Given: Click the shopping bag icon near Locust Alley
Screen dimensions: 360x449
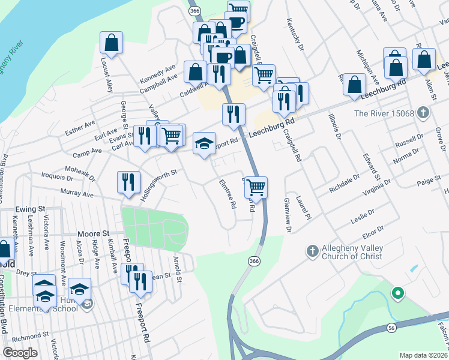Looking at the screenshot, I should (x=111, y=43).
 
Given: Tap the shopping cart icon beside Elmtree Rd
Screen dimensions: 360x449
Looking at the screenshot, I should (x=256, y=187).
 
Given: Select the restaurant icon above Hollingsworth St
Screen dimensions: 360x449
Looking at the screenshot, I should (x=128, y=182).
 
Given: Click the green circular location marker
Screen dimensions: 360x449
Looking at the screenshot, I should (x=396, y=293).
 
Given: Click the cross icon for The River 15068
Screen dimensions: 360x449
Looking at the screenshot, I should (x=424, y=112).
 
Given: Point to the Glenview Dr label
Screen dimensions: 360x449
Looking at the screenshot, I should (x=288, y=215).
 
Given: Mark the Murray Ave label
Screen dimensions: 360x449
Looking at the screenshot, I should (x=77, y=194).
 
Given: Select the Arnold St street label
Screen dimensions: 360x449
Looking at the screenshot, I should (x=177, y=263).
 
